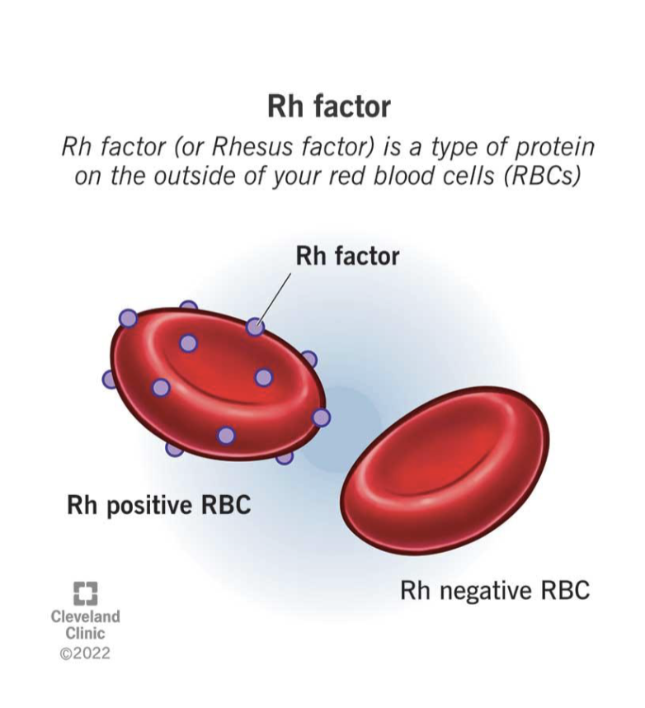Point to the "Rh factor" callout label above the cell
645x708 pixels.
(x=346, y=256)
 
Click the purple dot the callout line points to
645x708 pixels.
(x=256, y=327)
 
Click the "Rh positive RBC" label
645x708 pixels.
(x=158, y=504)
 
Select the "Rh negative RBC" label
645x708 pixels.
(x=494, y=591)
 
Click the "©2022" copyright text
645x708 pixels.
(x=85, y=654)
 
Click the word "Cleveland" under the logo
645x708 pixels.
(x=85, y=617)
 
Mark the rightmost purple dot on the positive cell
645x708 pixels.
(x=321, y=418)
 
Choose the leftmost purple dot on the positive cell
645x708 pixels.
(x=111, y=379)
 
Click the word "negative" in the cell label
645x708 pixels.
(x=487, y=591)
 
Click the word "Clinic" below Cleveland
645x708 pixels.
(x=85, y=635)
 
